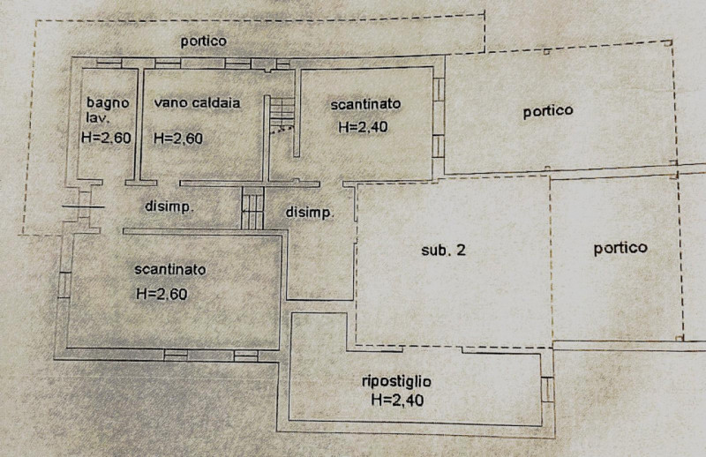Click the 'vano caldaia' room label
pyautogui.click(x=197, y=103)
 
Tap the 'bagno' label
pyautogui.click(x=108, y=103)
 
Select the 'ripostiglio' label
pyautogui.click(x=396, y=382)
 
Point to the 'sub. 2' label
pyautogui.click(x=443, y=250)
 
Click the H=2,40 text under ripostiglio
pyautogui.click(x=398, y=400)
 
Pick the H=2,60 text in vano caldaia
pyautogui.click(x=178, y=139)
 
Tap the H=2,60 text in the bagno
pyautogui.click(x=106, y=138)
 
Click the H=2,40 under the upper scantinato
pyautogui.click(x=363, y=127)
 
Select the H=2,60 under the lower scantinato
pyautogui.click(x=161, y=294)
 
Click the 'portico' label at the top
pyautogui.click(x=204, y=41)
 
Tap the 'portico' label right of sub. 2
pyautogui.click(x=620, y=248)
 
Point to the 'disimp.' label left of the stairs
pyautogui.click(x=169, y=206)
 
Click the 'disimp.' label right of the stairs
pyautogui.click(x=310, y=212)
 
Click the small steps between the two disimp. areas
pyautogui.click(x=252, y=208)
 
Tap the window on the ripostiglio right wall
pyautogui.click(x=547, y=389)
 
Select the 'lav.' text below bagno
pyautogui.click(x=97, y=118)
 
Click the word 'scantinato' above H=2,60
pyautogui.click(x=170, y=270)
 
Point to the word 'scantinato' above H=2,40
pyautogui.click(x=365, y=104)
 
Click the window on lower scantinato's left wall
pyautogui.click(x=64, y=285)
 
